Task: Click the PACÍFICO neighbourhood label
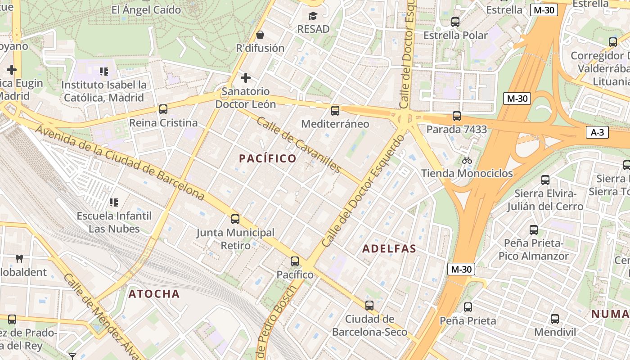click(x=268, y=158)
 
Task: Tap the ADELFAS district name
click(x=389, y=249)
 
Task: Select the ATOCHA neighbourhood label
click(x=154, y=294)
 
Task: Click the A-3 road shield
click(x=597, y=132)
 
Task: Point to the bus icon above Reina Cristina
click(x=163, y=109)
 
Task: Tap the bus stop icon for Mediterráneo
click(x=335, y=111)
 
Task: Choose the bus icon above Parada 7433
click(x=456, y=116)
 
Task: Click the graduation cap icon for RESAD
click(x=313, y=16)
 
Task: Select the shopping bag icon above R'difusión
click(x=260, y=35)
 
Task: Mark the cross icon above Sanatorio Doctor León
click(x=245, y=78)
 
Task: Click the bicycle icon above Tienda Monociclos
click(x=467, y=160)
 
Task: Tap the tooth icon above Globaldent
click(x=19, y=259)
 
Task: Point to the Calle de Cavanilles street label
click(x=299, y=144)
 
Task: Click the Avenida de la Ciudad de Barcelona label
click(x=120, y=162)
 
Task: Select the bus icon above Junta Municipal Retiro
click(x=235, y=219)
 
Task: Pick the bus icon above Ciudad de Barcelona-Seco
click(x=369, y=306)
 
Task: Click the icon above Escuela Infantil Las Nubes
click(x=114, y=202)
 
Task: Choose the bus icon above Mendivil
click(x=554, y=319)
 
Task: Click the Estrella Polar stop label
click(x=455, y=35)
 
